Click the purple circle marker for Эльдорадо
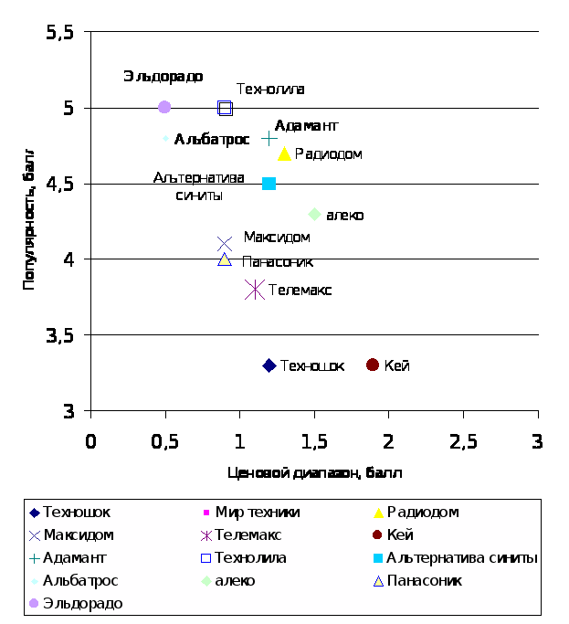point(164,107)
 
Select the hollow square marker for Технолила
point(225,108)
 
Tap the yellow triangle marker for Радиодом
point(285,153)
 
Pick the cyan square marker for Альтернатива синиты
point(269,184)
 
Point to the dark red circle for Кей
point(373,365)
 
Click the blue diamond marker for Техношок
point(269,365)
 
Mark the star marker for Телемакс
point(255,290)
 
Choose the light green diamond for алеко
point(315,214)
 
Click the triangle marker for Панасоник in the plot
point(225,259)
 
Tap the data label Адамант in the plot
point(307,125)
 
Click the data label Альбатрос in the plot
point(212,140)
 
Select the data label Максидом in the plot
point(277,238)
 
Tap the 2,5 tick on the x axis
point(463,442)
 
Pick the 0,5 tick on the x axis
point(164,442)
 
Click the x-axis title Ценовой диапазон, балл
point(314,473)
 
